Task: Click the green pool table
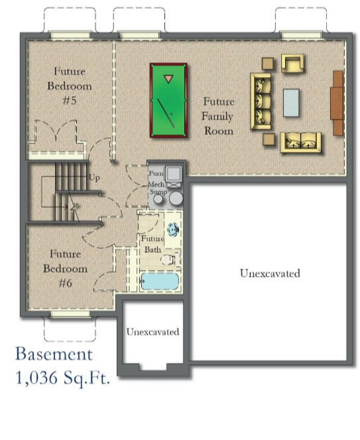coord(168,101)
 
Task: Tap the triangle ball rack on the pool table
coord(168,80)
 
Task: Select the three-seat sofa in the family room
coord(261,101)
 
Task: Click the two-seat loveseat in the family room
coord(300,142)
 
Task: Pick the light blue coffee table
coord(292,102)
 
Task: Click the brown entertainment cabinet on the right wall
coord(337,102)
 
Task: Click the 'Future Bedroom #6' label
coord(65,269)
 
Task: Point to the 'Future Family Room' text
coord(218,116)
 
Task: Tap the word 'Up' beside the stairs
coord(94,179)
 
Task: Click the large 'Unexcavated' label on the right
coord(270,273)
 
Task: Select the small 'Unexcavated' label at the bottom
coord(152,331)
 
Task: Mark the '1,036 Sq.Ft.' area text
coord(62,379)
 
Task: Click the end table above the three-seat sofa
coord(267,64)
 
